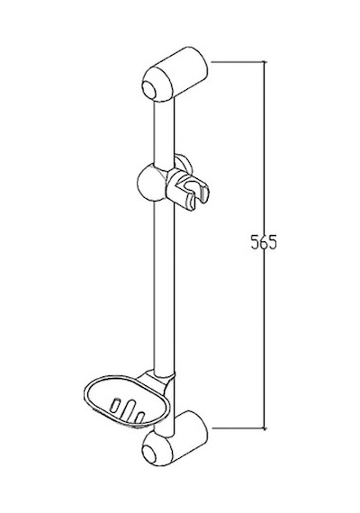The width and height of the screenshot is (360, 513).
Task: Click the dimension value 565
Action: tap(264, 242)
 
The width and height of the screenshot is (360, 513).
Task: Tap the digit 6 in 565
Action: tap(264, 242)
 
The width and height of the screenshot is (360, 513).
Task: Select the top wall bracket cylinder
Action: tap(175, 74)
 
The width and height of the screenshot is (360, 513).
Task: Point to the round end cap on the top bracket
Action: tap(150, 88)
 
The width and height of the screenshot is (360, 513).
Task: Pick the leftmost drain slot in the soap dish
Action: tap(116, 405)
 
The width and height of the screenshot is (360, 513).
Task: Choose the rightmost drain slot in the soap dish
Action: tap(139, 417)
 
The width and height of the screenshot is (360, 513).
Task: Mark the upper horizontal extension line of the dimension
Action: tap(238, 61)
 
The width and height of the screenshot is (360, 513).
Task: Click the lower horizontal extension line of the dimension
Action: tap(238, 427)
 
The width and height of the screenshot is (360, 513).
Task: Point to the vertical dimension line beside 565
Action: tap(265, 245)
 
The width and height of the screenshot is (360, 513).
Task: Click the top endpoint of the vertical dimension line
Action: tap(265, 61)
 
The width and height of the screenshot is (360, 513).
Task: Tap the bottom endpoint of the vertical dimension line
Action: tap(265, 427)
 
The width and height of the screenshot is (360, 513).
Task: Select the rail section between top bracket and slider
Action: tap(165, 131)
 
